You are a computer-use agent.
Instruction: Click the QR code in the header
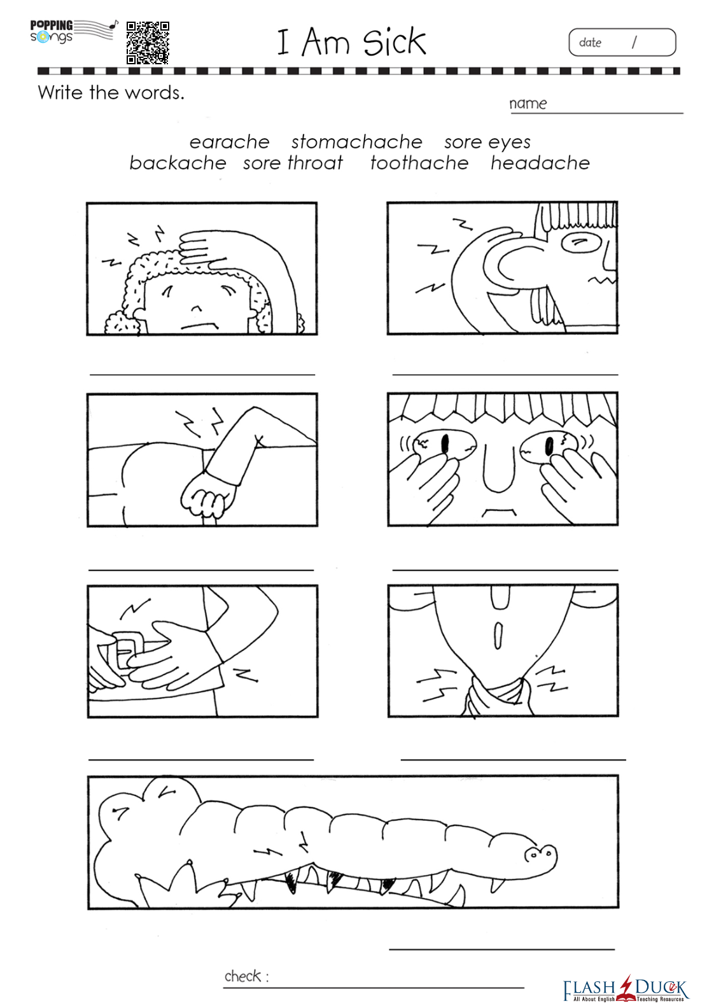[x=148, y=43]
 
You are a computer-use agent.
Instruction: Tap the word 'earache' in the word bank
[x=229, y=142]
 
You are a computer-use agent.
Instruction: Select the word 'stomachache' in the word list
[x=357, y=142]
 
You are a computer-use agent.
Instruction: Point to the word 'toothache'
[x=419, y=163]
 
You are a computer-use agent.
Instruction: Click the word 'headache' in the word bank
[x=540, y=163]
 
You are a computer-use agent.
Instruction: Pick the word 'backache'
[x=178, y=163]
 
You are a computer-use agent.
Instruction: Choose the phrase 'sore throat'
[x=293, y=163]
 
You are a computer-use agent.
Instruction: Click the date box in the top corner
[x=622, y=42]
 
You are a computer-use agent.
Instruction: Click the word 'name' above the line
[x=528, y=104]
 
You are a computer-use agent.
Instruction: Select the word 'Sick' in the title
[x=394, y=42]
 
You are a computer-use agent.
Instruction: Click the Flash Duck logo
[x=626, y=989]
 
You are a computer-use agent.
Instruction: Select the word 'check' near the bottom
[x=242, y=976]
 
